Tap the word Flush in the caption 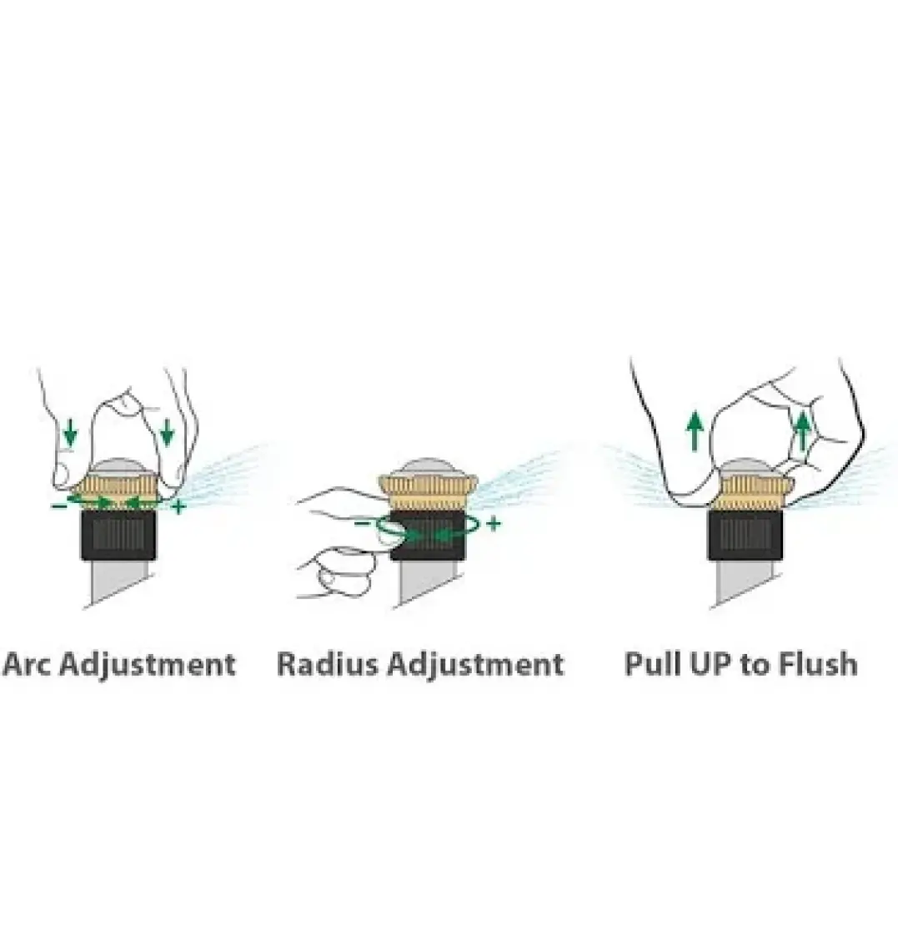[x=818, y=663]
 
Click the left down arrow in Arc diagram [x=70, y=431]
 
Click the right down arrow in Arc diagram [x=167, y=431]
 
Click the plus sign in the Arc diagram [x=178, y=506]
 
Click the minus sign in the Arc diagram [x=59, y=506]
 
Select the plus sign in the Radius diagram [x=494, y=523]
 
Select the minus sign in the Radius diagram [x=361, y=523]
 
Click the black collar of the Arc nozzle [x=119, y=535]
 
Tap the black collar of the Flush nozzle [x=745, y=535]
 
